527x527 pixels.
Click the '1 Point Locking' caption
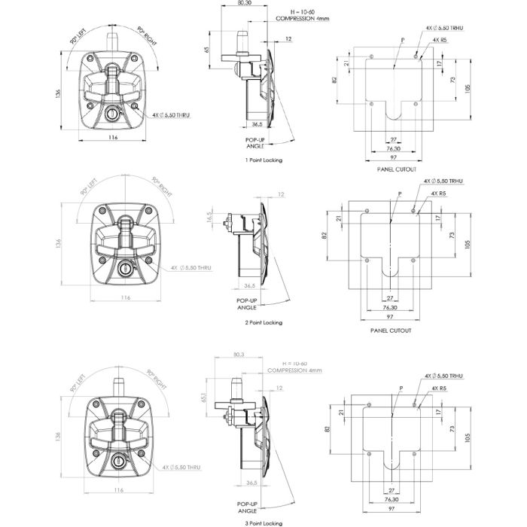pyautogui.click(x=263, y=160)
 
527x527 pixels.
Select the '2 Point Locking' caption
pyautogui.click(x=263, y=322)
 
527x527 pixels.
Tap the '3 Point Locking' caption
pyautogui.click(x=263, y=522)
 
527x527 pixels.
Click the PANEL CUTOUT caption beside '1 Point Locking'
pyautogui.click(x=396, y=169)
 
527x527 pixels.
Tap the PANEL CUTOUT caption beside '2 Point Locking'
pyautogui.click(x=396, y=331)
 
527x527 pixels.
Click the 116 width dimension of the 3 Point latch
pyautogui.click(x=117, y=490)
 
